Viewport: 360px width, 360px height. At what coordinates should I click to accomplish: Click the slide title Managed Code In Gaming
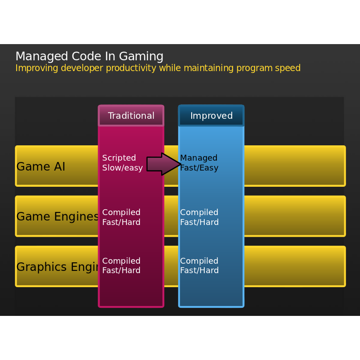(x=89, y=57)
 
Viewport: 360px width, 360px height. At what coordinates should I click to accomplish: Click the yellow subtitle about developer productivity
(x=158, y=68)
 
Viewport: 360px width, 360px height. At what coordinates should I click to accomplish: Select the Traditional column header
(x=131, y=116)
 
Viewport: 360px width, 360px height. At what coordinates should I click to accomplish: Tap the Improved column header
(x=211, y=116)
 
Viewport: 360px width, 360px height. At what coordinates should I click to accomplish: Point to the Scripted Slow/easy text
(x=122, y=163)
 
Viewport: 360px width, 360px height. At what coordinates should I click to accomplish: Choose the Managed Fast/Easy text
(x=199, y=163)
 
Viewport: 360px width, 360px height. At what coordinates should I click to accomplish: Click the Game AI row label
(x=41, y=167)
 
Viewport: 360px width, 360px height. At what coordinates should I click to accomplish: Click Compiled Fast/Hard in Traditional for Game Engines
(x=121, y=217)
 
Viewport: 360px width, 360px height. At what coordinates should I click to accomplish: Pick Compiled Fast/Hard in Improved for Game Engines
(x=199, y=217)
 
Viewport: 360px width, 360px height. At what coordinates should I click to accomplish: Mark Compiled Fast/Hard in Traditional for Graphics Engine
(x=121, y=266)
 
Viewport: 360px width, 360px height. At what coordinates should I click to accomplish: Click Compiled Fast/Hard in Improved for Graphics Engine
(x=199, y=266)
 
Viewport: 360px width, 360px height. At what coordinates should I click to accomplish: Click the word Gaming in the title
(x=141, y=57)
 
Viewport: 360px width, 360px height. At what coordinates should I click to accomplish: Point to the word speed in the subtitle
(x=288, y=68)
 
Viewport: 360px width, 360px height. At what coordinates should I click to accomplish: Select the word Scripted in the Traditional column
(x=119, y=158)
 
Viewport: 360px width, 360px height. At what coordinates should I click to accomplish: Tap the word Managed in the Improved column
(x=199, y=158)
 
